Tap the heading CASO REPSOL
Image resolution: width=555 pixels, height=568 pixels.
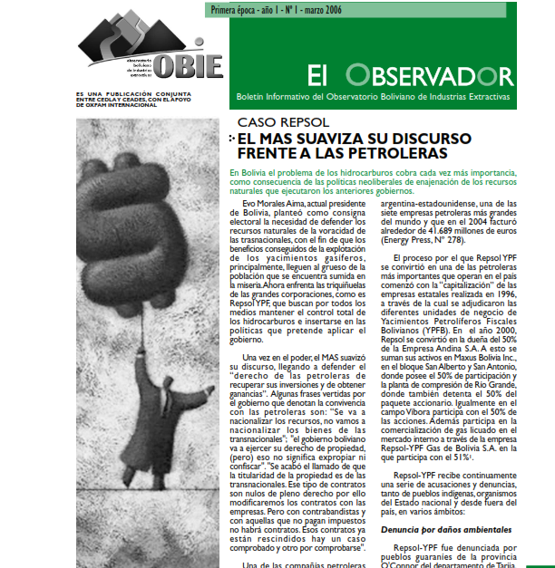(x=283, y=122)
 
